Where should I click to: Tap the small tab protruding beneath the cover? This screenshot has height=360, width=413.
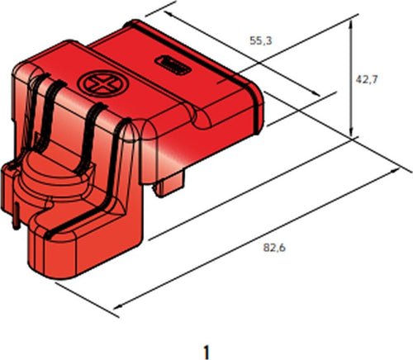(170, 182)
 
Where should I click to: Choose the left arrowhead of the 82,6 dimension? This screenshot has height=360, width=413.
(116, 308)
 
